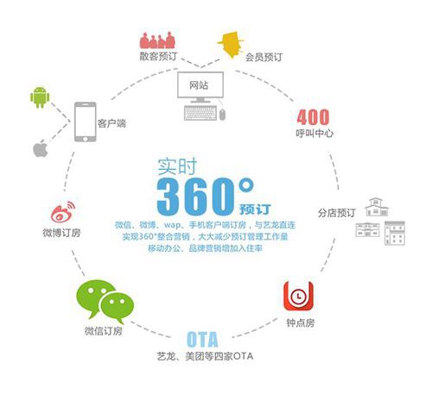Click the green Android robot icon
(x=40, y=97)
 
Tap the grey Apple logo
(x=41, y=149)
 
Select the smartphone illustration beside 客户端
(x=86, y=122)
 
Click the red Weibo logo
(x=63, y=212)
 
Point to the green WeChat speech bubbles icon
(x=105, y=301)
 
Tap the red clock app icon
(x=298, y=296)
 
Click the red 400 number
(x=313, y=117)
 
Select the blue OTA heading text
(x=202, y=340)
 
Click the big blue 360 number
(x=196, y=197)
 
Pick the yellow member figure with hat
(x=231, y=45)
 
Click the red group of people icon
(x=157, y=41)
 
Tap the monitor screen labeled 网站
(x=200, y=84)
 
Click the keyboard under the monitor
(x=200, y=113)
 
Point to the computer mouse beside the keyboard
(x=222, y=115)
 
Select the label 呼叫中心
(x=314, y=134)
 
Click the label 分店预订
(x=336, y=213)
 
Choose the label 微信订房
(x=104, y=331)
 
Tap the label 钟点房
(x=301, y=323)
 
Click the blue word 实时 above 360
(x=177, y=166)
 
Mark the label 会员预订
(x=264, y=57)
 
